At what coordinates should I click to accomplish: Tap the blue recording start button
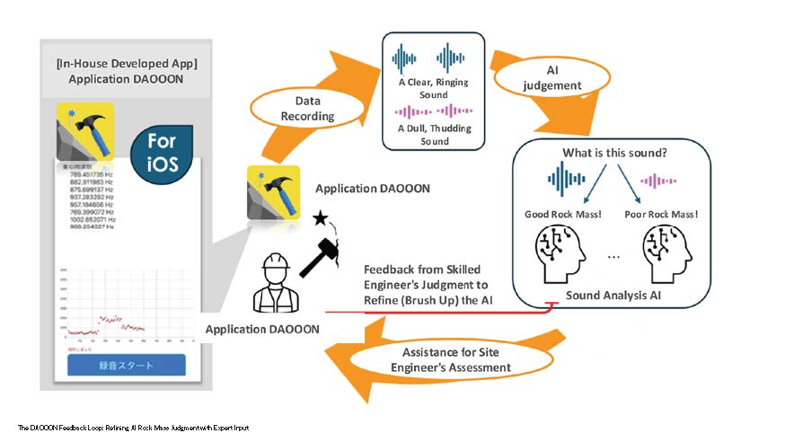126,366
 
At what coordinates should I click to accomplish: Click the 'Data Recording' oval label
307,109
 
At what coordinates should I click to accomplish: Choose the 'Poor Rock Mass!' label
662,214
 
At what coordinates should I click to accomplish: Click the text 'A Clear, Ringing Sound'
434,87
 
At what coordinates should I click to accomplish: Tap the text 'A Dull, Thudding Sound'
434,134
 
